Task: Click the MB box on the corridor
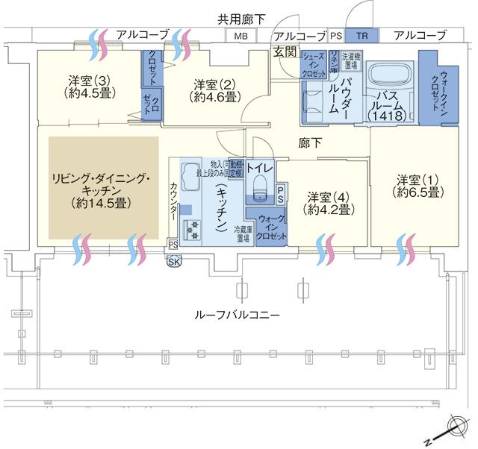click(240, 36)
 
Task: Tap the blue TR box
click(362, 36)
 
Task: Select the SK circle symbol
click(174, 260)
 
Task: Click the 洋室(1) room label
click(417, 186)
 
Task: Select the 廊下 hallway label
click(309, 142)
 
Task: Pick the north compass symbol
click(456, 427)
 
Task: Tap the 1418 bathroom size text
click(388, 116)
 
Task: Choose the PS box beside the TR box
click(336, 36)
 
